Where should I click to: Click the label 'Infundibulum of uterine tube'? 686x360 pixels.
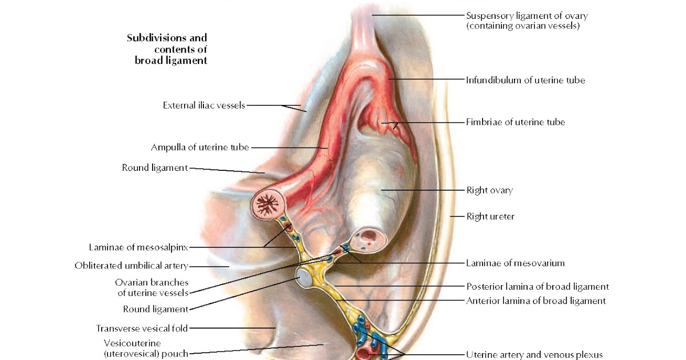[525, 80]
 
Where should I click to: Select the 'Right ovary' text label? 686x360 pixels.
[489, 190]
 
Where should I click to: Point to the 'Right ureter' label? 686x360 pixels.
[490, 217]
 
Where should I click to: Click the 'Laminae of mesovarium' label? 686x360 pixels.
[515, 263]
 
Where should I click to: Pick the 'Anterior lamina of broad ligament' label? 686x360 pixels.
[536, 301]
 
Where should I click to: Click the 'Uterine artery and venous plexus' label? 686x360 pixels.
[535, 355]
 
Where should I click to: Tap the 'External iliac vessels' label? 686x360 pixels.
[204, 105]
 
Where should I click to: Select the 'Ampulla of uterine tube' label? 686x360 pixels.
[200, 147]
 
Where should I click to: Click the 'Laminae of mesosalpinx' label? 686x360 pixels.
[138, 247]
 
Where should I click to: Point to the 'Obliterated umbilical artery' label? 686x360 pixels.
[131, 266]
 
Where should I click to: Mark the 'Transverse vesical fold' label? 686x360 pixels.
[142, 328]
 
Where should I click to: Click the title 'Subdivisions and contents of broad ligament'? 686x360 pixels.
[167, 49]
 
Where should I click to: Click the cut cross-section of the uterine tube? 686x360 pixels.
[268, 204]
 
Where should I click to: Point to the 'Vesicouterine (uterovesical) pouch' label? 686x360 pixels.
[146, 348]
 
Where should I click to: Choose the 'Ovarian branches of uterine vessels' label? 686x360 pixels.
[152, 287]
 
